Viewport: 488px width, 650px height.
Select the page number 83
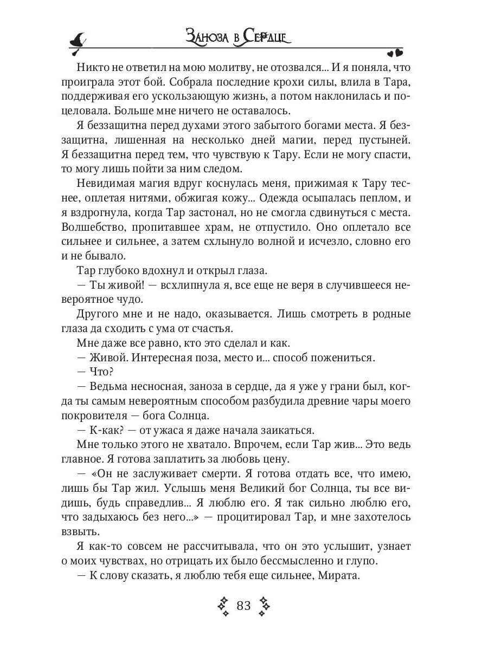pyautogui.click(x=243, y=605)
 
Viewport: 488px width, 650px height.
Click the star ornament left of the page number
pyautogui.click(x=223, y=606)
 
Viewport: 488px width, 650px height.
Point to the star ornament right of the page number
pyautogui.click(x=264, y=606)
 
